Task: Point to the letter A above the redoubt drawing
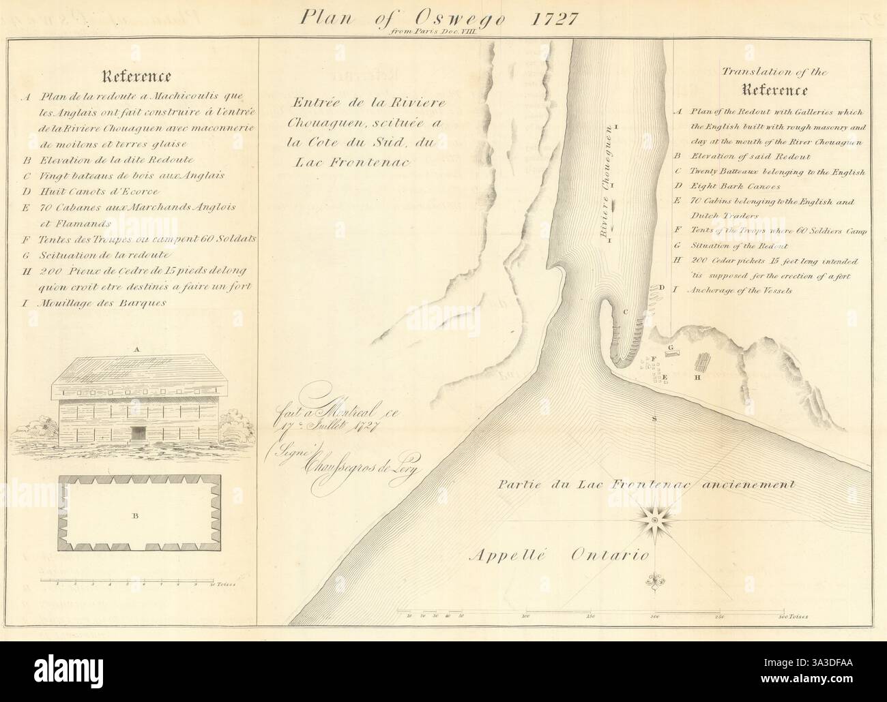point(138,348)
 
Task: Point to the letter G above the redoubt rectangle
point(671,348)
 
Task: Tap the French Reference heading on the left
point(137,76)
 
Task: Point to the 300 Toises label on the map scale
point(794,616)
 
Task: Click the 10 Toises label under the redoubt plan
point(222,585)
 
